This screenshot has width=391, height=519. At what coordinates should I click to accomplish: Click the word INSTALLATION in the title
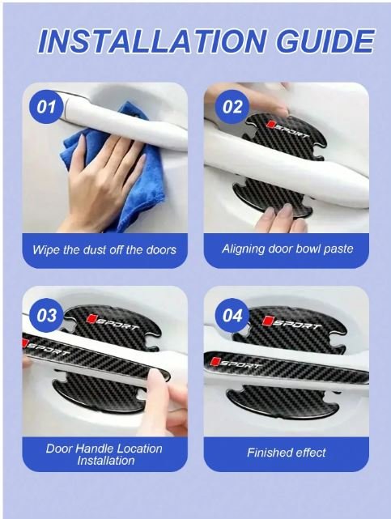coord(152,41)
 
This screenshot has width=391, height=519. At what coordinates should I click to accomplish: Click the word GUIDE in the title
coord(325,41)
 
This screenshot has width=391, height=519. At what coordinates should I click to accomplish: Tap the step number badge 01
coord(46,107)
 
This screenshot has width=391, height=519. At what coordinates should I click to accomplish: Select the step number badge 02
coord(232,107)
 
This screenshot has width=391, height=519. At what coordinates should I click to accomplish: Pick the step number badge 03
coord(46,315)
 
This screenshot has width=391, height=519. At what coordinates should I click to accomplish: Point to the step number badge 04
coord(232,315)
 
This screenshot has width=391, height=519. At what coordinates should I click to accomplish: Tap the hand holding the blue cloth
coord(100,179)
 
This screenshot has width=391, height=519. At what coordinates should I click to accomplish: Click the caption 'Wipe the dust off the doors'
coord(104,249)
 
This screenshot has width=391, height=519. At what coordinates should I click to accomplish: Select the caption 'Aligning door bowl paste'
coord(287,249)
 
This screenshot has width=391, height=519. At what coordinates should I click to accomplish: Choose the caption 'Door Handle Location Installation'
coord(104,454)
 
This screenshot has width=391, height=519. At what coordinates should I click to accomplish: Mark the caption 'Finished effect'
coord(287,453)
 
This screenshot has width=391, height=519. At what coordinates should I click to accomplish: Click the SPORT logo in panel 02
coord(287,129)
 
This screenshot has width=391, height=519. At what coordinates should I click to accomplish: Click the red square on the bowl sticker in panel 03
coord(91,319)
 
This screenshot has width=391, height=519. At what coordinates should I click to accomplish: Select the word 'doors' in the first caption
coord(161,250)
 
